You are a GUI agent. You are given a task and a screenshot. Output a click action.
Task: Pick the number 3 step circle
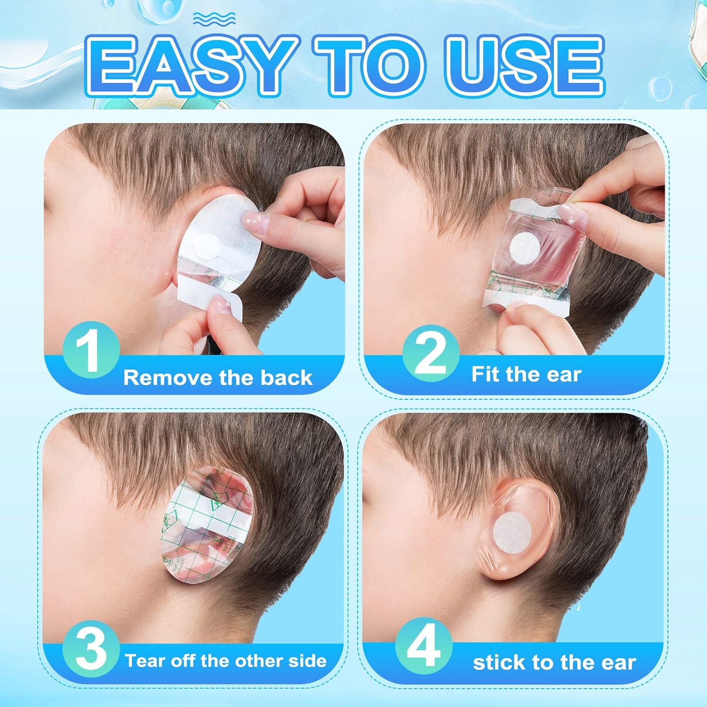(90, 649)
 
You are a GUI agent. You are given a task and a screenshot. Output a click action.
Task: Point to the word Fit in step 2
(485, 375)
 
